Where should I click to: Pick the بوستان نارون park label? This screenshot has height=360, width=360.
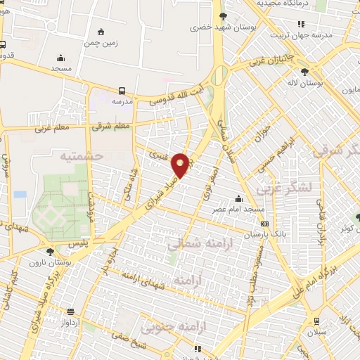coord(50,262)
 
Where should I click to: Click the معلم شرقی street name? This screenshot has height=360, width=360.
coord(112,127)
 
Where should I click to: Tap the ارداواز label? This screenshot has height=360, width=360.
coord(70,322)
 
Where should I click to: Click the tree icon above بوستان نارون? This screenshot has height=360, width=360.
coord(50,251)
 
